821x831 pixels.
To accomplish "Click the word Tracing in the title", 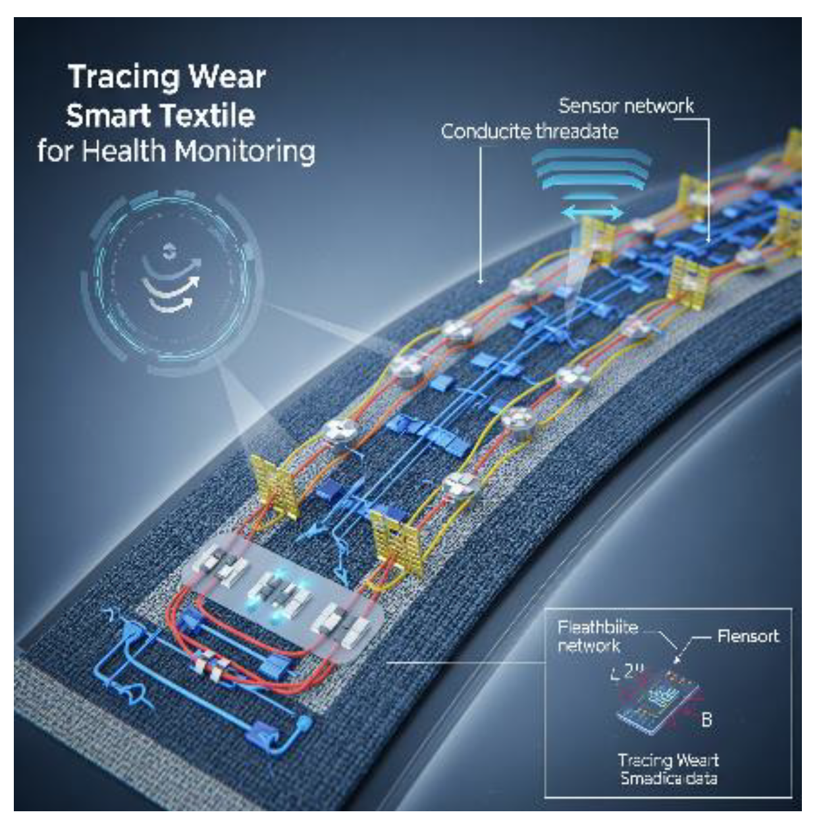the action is pyautogui.click(x=114, y=78).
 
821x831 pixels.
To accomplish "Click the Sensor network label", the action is pyautogui.click(x=625, y=106).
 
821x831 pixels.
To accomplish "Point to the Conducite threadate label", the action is pyautogui.click(x=529, y=132).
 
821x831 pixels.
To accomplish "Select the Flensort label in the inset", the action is pyautogui.click(x=747, y=636).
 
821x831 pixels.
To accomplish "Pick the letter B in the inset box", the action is pyautogui.click(x=706, y=719).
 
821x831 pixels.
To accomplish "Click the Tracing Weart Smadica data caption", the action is pyautogui.click(x=668, y=769).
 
